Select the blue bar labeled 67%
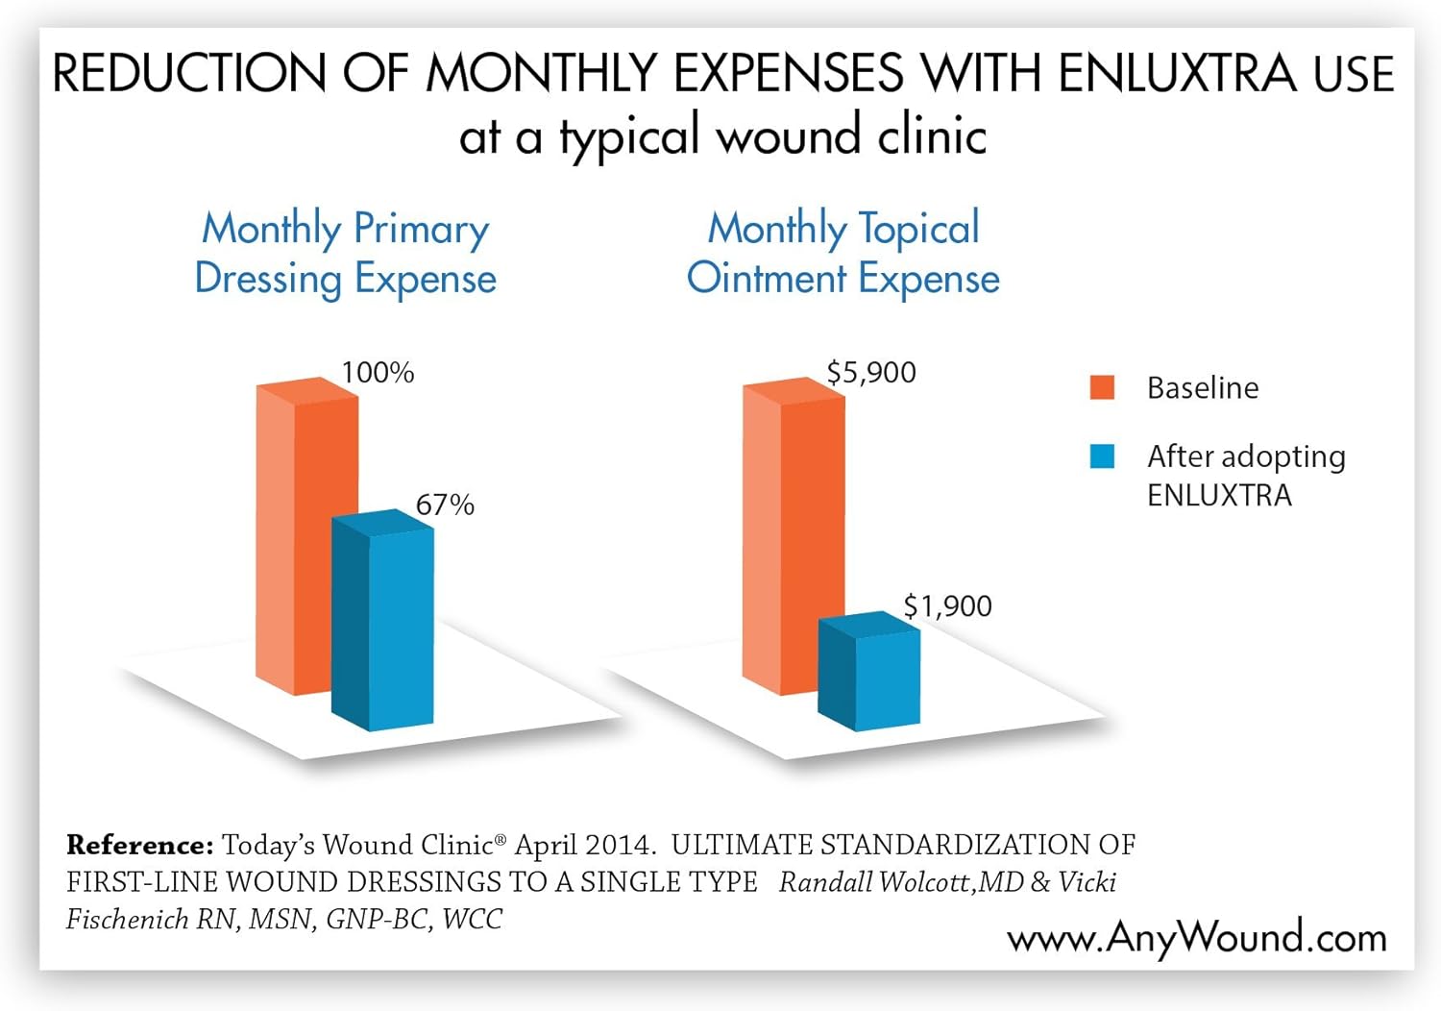point(384,625)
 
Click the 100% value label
point(378,373)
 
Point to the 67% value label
point(445,505)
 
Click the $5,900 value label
point(871,373)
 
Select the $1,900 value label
point(947,606)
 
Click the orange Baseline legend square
point(1102,387)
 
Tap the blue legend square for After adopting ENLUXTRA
point(1102,456)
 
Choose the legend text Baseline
point(1202,388)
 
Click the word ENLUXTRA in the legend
point(1219,496)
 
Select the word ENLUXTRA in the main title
point(1178,75)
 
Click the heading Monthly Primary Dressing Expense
point(346,254)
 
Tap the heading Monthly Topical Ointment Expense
point(843,254)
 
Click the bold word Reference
point(139,846)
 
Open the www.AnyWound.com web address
point(1197,938)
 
